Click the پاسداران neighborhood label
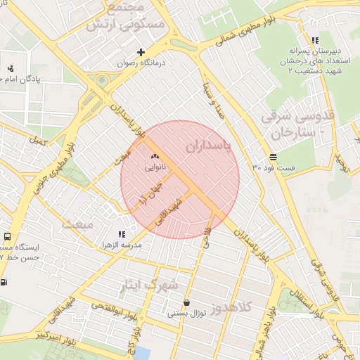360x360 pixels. pos(210,146)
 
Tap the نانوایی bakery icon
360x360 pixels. pos(155,157)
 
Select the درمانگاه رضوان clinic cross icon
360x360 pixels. pos(141,52)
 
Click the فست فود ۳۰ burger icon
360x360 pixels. pos(272,157)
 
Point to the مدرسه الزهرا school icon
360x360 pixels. pos(122,234)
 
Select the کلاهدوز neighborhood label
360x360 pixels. pos(249,307)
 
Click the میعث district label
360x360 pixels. pos(77,225)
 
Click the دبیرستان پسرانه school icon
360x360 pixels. pos(314,41)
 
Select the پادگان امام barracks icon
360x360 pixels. pos(11,68)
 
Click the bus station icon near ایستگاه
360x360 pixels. pos(7,237)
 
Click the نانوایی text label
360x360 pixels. pos(155,169)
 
